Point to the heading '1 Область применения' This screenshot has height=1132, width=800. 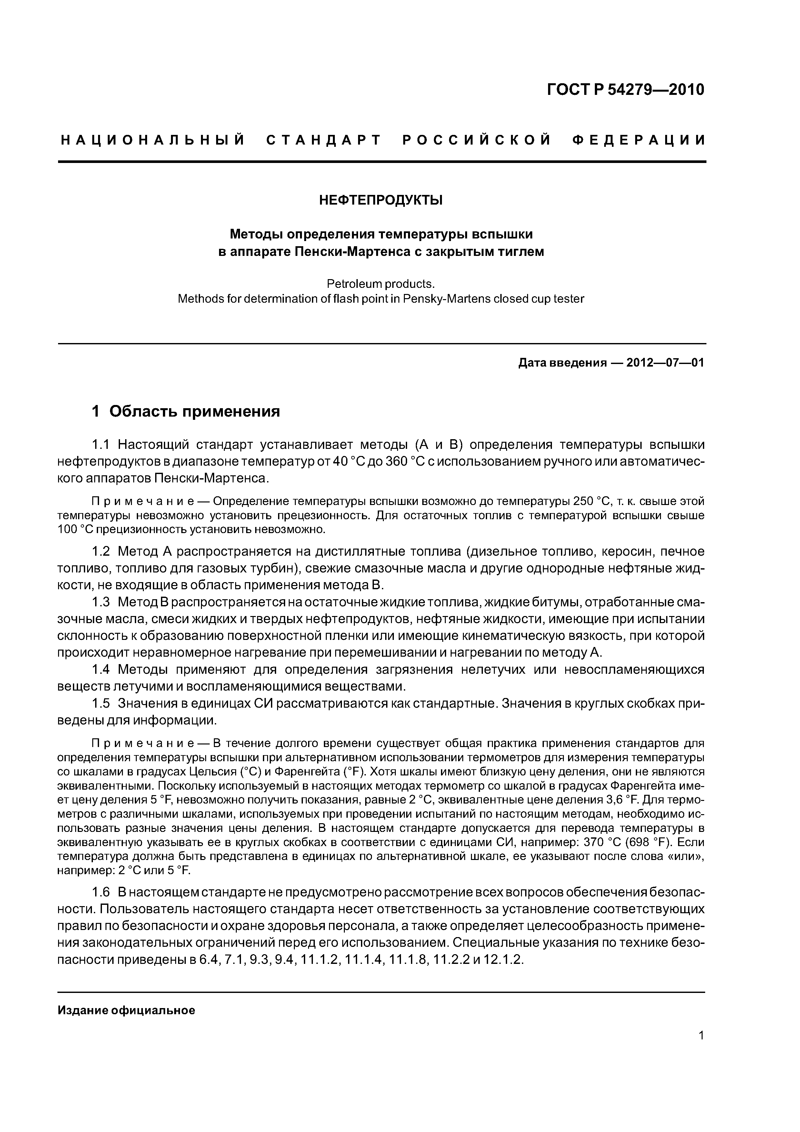pos(186,411)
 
